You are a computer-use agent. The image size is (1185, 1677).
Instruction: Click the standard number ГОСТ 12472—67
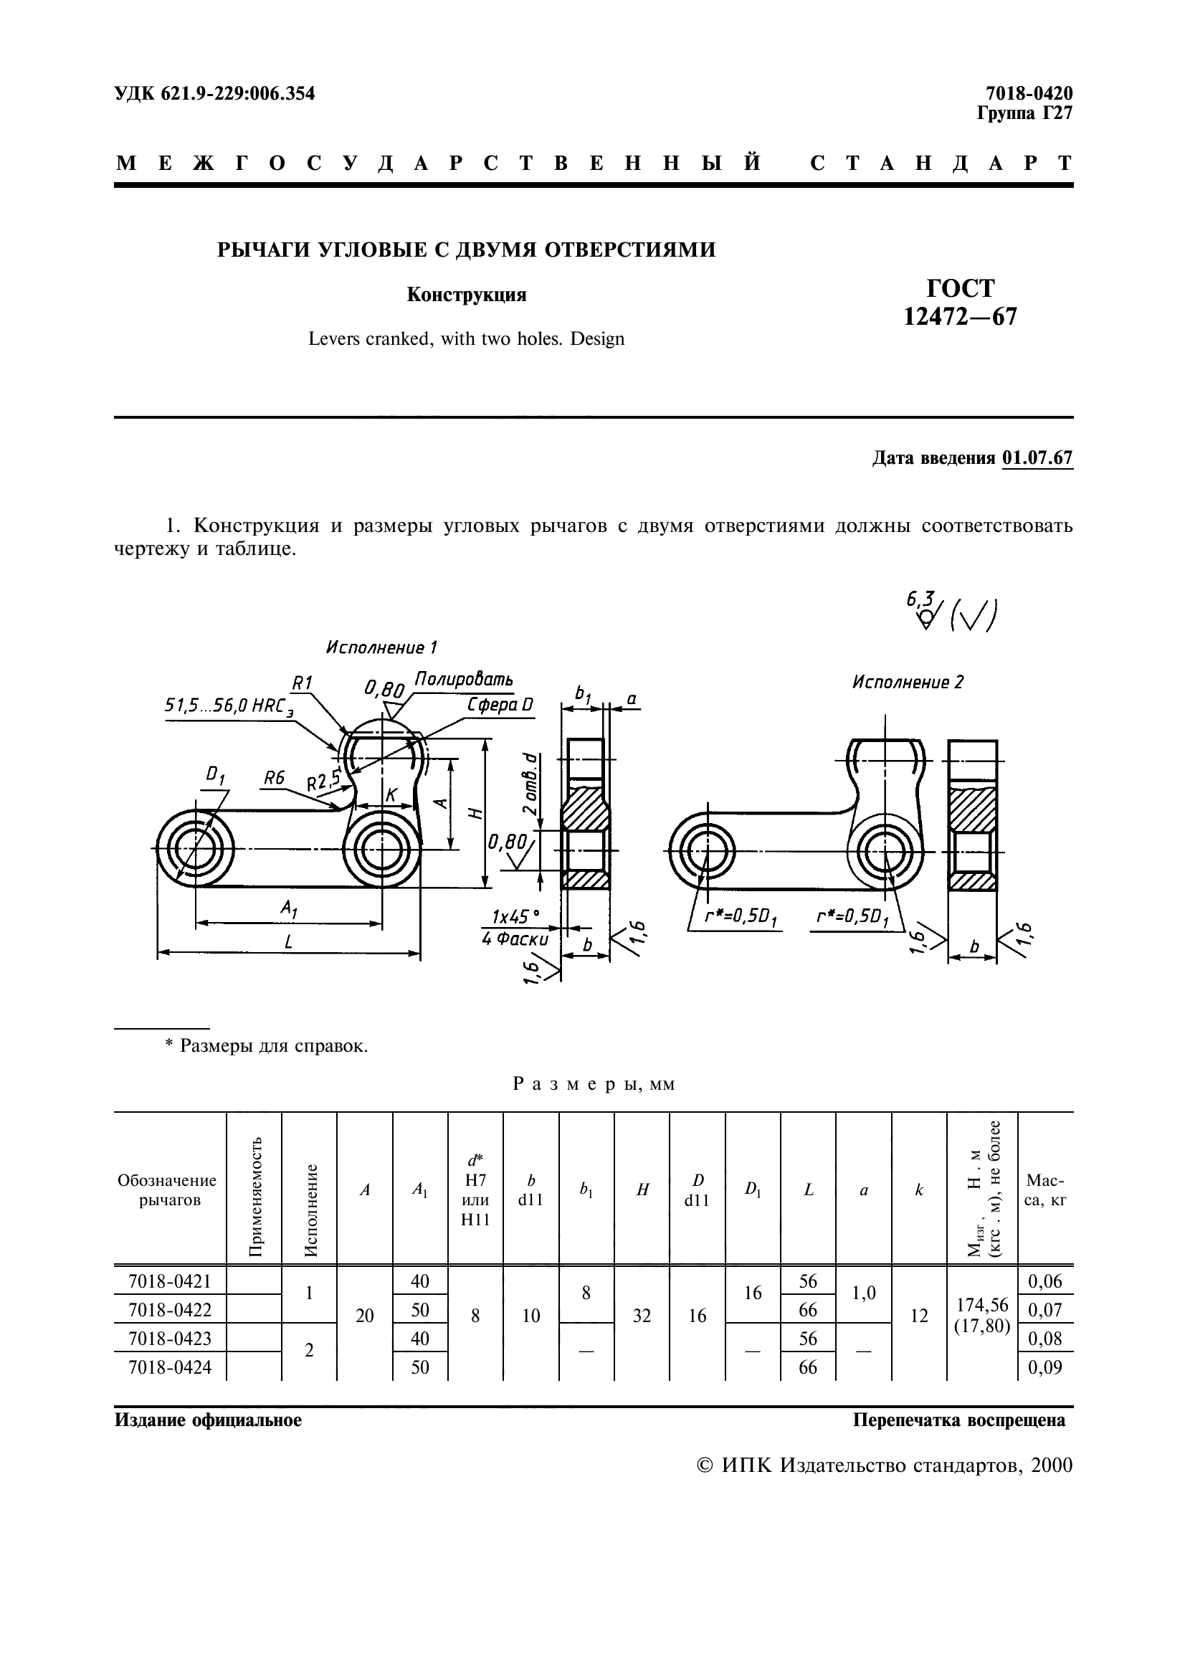tap(960, 303)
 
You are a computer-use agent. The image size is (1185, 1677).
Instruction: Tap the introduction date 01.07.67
tap(1037, 458)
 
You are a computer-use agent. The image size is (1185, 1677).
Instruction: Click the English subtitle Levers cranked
tap(466, 339)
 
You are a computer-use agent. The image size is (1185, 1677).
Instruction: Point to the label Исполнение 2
tap(908, 682)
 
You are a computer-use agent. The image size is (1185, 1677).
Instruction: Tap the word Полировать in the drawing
tap(464, 679)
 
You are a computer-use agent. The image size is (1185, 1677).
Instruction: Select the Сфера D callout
tap(500, 705)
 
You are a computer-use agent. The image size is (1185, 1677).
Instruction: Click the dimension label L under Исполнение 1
tap(289, 942)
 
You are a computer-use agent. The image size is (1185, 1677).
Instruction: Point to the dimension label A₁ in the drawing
tap(289, 908)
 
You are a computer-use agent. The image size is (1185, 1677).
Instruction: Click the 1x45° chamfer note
tap(515, 916)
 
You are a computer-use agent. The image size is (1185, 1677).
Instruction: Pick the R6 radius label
tap(274, 778)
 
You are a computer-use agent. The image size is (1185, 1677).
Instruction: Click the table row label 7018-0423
tap(169, 1338)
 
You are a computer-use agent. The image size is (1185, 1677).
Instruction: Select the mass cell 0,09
tap(1044, 1367)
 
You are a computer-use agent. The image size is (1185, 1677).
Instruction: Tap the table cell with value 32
tap(641, 1316)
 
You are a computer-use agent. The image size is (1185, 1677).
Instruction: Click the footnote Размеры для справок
tap(267, 1045)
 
